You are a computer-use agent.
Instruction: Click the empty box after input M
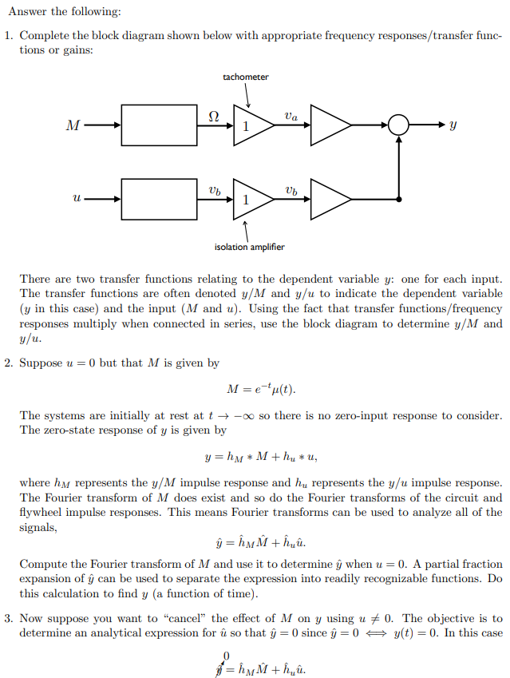160,125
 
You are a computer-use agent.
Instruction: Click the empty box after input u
160,198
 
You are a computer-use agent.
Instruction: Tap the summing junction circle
398,125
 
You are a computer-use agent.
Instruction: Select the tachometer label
246,77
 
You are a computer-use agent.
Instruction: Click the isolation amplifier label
249,247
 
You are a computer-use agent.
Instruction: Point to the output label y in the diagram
453,125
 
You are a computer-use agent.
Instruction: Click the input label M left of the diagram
73,125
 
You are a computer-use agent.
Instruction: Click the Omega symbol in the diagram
213,115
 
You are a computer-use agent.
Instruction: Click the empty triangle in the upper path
328,125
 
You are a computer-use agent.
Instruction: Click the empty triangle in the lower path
328,199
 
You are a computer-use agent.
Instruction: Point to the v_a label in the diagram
291,116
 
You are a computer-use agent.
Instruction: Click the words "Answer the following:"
53,10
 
